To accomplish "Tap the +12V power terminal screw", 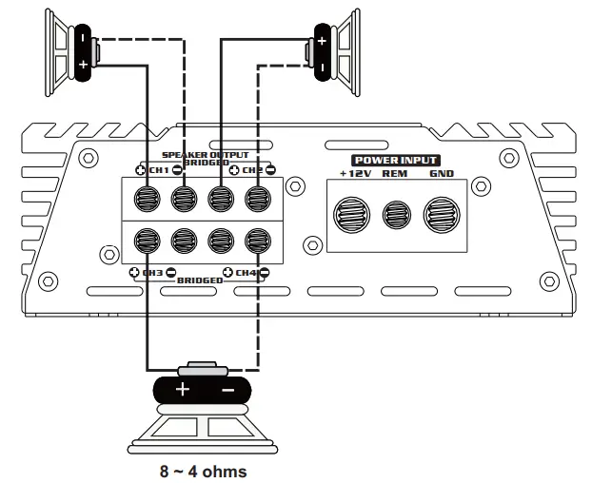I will click(352, 214).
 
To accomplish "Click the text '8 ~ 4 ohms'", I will click(203, 472).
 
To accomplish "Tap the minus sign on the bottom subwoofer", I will click(227, 390).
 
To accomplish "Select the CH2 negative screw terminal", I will click(256, 200).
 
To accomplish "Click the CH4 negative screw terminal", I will click(256, 241).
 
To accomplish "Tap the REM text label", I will click(394, 175).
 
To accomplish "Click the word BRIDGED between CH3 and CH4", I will click(201, 280).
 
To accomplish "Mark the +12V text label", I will click(354, 175).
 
